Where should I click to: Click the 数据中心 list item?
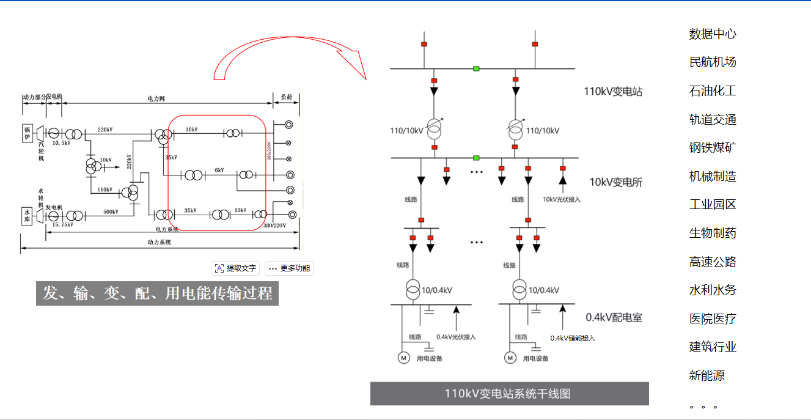(x=713, y=34)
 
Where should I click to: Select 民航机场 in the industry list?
(x=713, y=62)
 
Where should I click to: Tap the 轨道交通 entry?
(x=713, y=120)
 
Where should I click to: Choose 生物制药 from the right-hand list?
(x=713, y=234)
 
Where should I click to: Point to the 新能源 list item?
(x=706, y=376)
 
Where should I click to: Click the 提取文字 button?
(x=236, y=268)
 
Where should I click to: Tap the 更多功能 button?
(x=290, y=268)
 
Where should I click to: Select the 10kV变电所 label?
(x=615, y=182)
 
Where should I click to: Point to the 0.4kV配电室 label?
(x=614, y=318)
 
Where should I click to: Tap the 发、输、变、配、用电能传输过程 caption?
(x=157, y=293)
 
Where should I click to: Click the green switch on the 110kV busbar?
(x=476, y=68)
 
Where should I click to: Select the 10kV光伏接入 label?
(x=562, y=199)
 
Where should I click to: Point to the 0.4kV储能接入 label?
(x=572, y=338)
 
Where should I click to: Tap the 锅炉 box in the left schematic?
(x=28, y=133)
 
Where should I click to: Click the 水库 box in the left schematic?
(x=28, y=216)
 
